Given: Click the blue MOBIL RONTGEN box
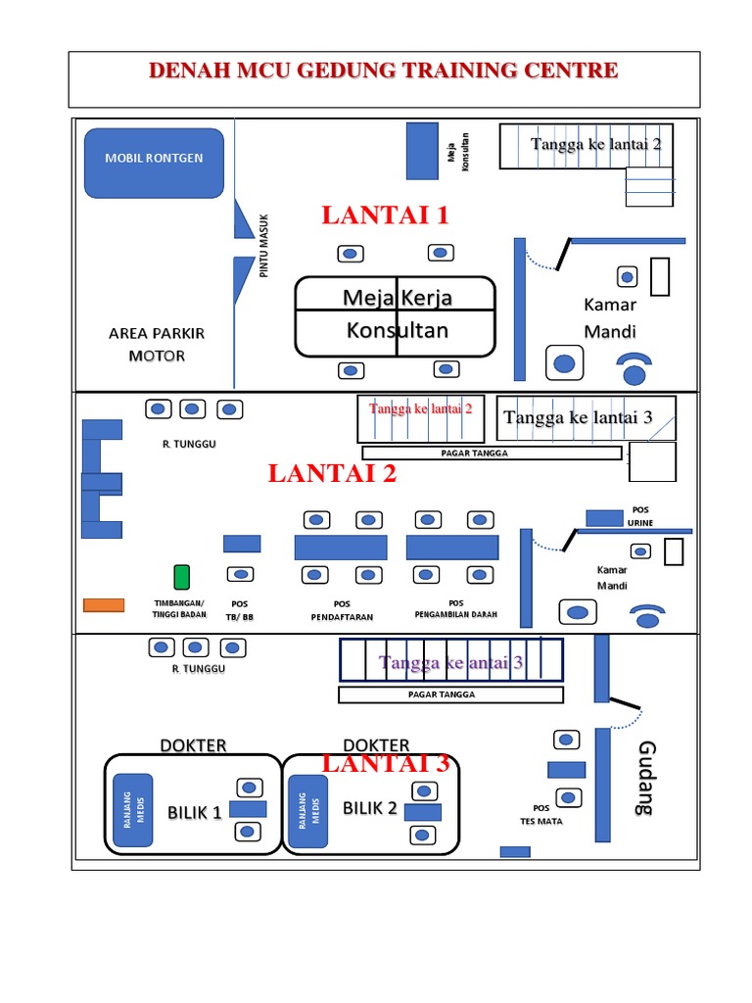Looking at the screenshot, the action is coord(154,164).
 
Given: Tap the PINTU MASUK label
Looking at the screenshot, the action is coord(263,246).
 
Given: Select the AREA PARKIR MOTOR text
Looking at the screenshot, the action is coord(157,344).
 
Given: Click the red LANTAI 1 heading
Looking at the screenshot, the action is coord(385,215).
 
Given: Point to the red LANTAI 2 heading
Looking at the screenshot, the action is coord(332,473).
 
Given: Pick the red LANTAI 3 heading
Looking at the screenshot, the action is coord(386,763).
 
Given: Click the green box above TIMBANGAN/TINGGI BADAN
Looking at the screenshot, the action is coord(181,576).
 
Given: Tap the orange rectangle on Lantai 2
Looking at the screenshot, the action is coord(104,605).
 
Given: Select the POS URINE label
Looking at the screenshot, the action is coord(640,516).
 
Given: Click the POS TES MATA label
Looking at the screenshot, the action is coord(540,814).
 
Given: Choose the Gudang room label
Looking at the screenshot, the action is coord(647,778).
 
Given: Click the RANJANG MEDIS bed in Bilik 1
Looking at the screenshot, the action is coord(133,810).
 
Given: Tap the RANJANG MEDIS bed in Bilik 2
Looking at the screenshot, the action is coord(308,811).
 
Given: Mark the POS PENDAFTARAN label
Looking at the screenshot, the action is coord(342,610).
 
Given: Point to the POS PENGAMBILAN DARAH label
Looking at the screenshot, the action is coord(456,608).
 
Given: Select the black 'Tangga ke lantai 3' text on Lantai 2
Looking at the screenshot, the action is coord(578,417).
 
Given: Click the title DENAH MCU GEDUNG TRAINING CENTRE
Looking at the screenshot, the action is coord(384,71).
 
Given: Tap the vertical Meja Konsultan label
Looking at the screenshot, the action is coord(458,152).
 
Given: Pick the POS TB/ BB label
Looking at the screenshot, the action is coord(240,610).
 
